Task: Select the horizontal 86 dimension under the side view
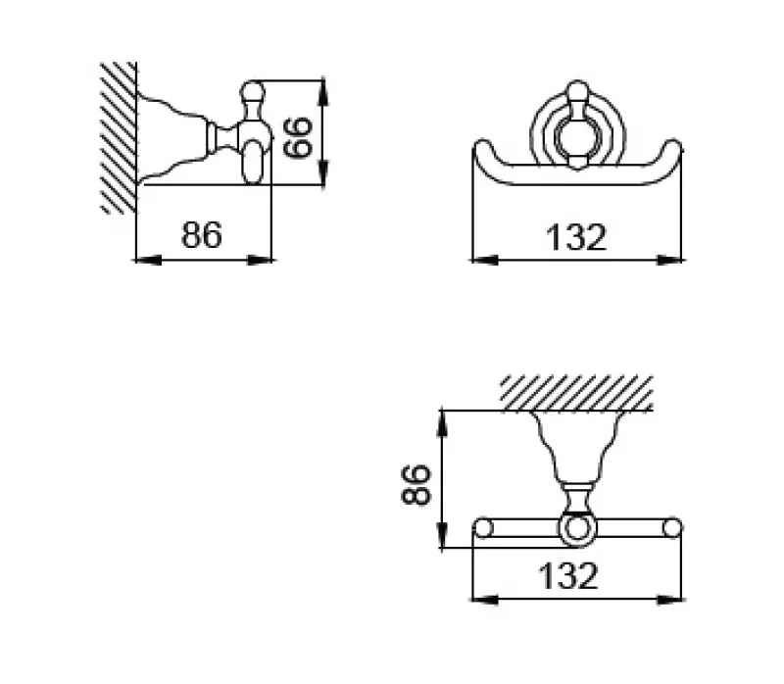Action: [202, 235]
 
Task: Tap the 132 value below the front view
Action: [577, 236]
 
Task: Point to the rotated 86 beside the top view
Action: [417, 483]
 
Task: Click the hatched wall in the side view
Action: [118, 137]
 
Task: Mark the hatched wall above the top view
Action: [576, 392]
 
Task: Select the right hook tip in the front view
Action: [672, 150]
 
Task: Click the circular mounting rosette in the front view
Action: [576, 127]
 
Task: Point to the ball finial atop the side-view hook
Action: [253, 94]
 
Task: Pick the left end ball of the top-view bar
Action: [481, 529]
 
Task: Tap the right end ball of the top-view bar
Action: [672, 529]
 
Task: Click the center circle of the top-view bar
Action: [576, 530]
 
